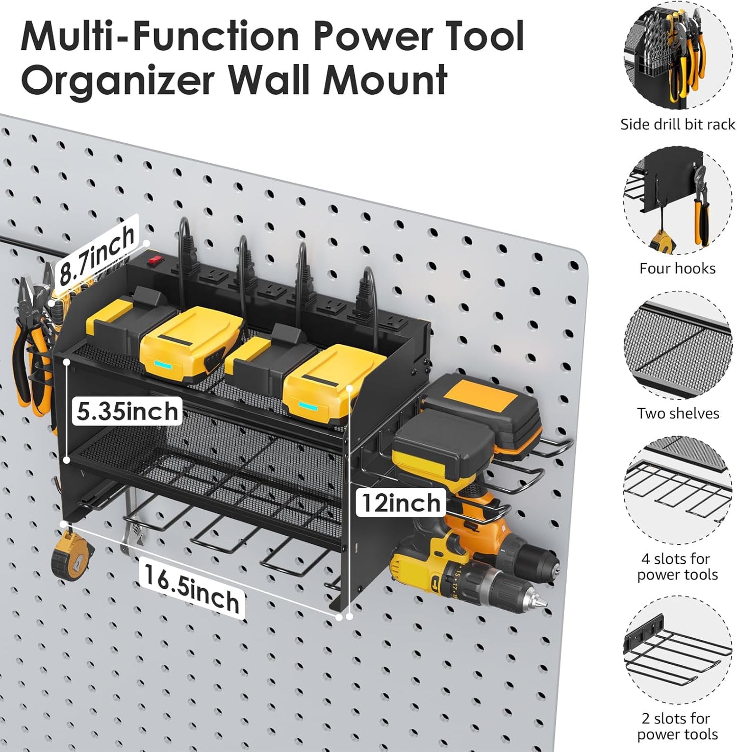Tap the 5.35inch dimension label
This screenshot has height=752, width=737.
pos(128,411)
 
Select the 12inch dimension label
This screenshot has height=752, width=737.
pos(401,503)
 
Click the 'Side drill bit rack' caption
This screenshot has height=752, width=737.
pos(677,124)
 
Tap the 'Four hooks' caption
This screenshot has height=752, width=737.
pos(677,268)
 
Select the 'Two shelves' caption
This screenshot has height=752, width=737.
pos(677,413)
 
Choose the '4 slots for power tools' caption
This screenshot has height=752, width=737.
pos(677,566)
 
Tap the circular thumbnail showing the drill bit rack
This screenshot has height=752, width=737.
pos(677,56)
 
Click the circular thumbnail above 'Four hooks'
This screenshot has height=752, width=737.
pos(677,202)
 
